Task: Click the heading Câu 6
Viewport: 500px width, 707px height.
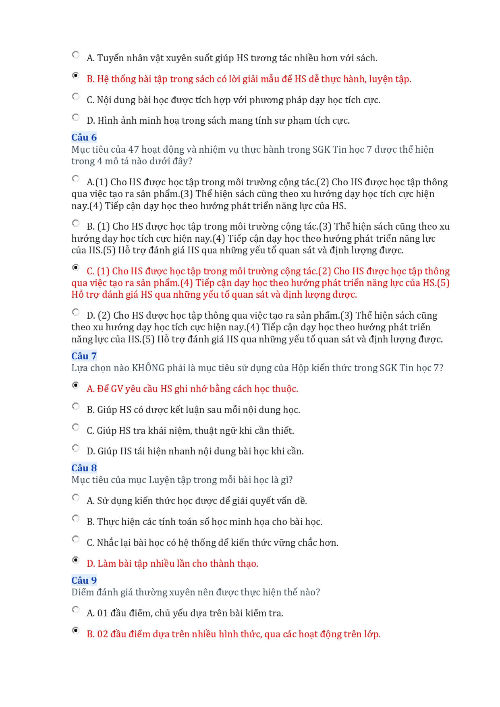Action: point(84,137)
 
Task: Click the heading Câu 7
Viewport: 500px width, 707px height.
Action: point(84,356)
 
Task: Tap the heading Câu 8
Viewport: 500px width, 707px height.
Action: point(84,468)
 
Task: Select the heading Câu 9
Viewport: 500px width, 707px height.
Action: point(84,581)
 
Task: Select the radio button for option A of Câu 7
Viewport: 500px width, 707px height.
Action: point(76,385)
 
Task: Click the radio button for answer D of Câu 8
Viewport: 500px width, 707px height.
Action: point(76,560)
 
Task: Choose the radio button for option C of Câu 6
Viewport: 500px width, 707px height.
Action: point(76,267)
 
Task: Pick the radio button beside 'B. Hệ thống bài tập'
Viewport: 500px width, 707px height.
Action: point(76,75)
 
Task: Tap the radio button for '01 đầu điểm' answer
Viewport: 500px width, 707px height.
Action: point(76,610)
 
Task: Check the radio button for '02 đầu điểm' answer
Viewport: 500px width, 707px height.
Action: point(76,630)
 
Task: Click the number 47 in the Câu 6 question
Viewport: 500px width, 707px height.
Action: point(134,150)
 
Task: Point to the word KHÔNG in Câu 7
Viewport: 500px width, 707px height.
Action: point(148,368)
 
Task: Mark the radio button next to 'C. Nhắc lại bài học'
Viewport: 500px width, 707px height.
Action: point(76,539)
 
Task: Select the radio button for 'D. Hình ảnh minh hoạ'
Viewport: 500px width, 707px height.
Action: point(76,117)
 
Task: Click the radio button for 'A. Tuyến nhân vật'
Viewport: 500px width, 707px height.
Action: point(76,54)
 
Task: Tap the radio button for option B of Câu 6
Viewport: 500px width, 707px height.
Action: point(76,223)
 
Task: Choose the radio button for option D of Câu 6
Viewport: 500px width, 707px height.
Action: point(76,312)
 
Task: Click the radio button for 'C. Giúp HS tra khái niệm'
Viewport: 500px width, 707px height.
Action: point(76,427)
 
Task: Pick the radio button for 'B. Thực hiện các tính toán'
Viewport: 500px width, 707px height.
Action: point(76,518)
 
